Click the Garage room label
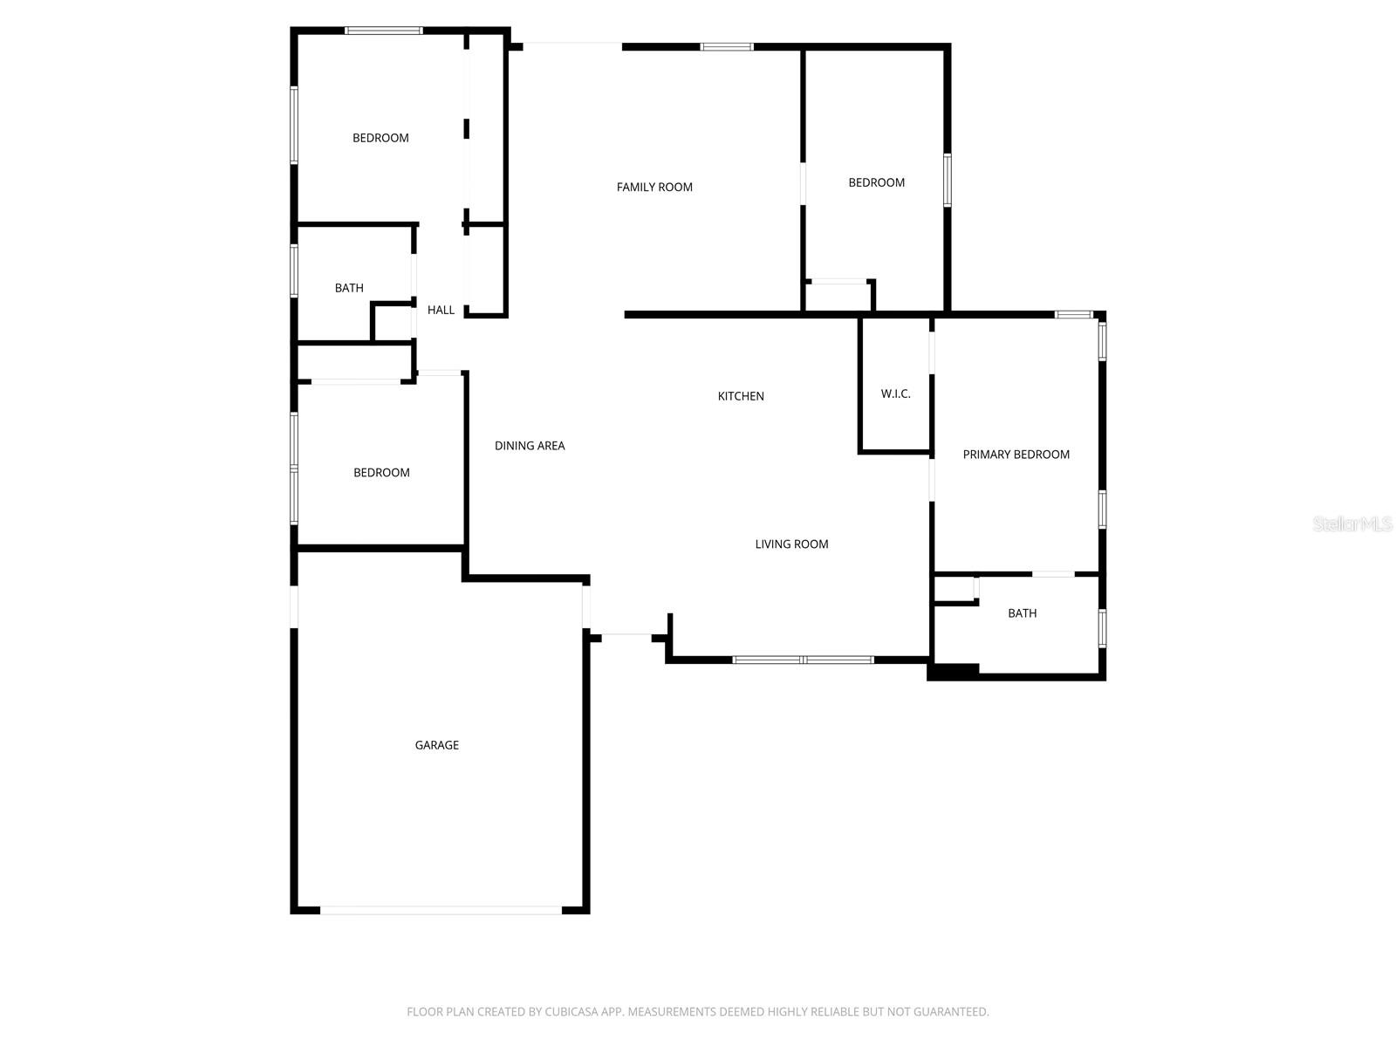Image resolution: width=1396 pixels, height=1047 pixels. tap(436, 745)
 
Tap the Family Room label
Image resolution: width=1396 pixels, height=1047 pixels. tap(654, 187)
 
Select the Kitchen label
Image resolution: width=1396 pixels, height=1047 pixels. tap(741, 396)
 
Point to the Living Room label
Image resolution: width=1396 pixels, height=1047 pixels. tap(791, 544)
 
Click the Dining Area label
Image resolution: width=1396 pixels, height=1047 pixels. tap(530, 446)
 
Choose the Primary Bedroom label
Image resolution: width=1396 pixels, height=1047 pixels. tap(1016, 455)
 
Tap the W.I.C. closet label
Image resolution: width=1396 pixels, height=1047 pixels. tap(895, 394)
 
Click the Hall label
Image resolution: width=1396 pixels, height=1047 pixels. tap(441, 310)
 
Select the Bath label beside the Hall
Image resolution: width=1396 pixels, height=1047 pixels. tap(349, 288)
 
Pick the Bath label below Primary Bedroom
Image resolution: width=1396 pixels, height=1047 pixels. tap(1022, 613)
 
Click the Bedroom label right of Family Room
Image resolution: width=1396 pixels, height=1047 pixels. tap(876, 182)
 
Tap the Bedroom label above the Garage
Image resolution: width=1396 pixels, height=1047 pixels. tap(381, 473)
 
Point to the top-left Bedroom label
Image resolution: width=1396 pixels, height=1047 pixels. tap(380, 138)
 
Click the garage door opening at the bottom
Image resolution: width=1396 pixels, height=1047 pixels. tap(441, 910)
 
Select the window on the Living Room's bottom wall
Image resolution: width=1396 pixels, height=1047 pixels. tap(803, 660)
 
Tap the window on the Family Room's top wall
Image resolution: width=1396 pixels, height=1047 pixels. tap(727, 47)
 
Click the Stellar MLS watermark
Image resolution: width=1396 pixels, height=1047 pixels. tap(1352, 523)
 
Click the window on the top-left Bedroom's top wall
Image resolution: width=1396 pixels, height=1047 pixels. tap(383, 31)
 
